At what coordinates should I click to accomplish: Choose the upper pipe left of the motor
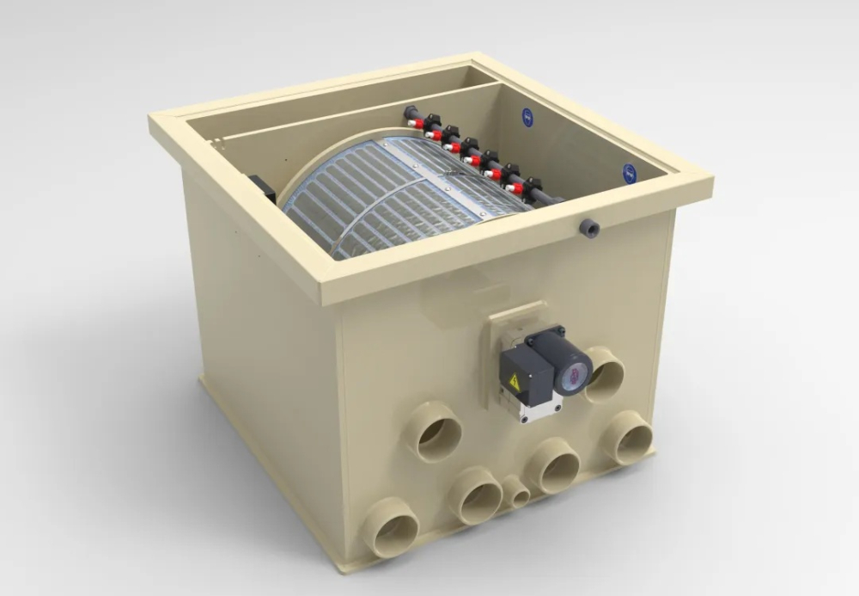[x=434, y=432]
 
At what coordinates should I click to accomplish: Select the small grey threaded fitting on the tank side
[x=588, y=228]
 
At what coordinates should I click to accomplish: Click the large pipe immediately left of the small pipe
[x=476, y=495]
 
